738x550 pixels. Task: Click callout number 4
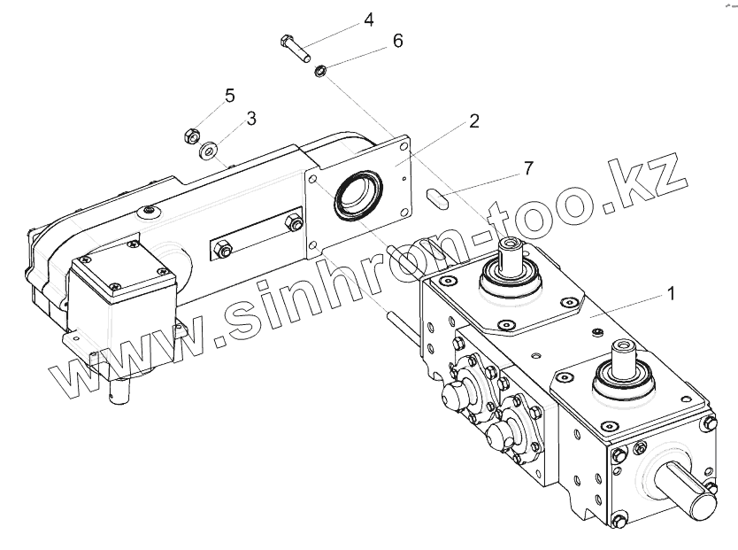(x=369, y=20)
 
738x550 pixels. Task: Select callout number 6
(x=398, y=41)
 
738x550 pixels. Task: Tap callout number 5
(x=230, y=96)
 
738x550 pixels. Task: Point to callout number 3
(x=252, y=119)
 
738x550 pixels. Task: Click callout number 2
(x=474, y=121)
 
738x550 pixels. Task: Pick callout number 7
(x=528, y=168)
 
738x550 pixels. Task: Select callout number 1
(x=672, y=293)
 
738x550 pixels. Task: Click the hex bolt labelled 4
(x=295, y=48)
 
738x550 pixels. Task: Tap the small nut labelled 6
(x=320, y=71)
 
